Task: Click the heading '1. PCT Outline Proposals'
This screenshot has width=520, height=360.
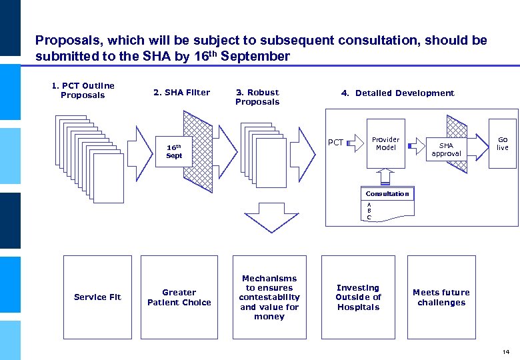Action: tap(83, 91)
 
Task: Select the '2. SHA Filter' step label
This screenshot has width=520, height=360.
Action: tap(181, 93)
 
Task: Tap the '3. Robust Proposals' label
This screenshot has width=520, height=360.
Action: tap(257, 97)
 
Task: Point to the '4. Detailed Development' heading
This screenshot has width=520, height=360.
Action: tap(397, 93)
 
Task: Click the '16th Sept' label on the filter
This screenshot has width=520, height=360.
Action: tap(174, 151)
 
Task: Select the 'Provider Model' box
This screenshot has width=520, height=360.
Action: tap(385, 144)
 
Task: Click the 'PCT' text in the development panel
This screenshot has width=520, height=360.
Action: tap(336, 143)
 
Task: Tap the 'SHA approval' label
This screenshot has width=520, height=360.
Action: tap(446, 149)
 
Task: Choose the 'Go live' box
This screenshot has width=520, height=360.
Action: tap(502, 143)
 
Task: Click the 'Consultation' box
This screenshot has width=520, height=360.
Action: tap(387, 194)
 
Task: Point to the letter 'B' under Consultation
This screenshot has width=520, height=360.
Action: tap(369, 211)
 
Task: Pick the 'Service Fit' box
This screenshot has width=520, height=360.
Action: tap(97, 297)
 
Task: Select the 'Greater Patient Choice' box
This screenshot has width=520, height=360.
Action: tap(179, 297)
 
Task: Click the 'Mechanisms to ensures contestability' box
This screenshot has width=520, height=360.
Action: tap(269, 297)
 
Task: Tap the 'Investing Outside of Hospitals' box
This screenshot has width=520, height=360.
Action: tap(358, 297)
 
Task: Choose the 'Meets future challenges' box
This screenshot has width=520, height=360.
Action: tap(441, 297)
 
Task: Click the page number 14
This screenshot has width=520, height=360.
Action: tap(506, 351)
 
